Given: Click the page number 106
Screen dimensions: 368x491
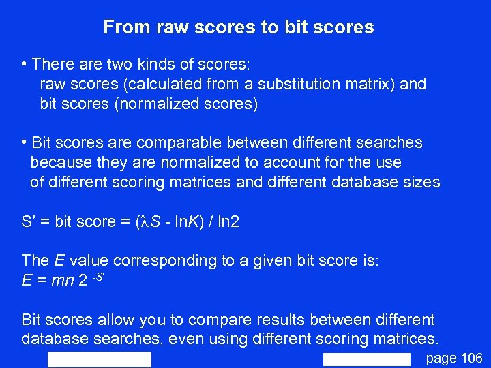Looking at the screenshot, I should click(471, 358).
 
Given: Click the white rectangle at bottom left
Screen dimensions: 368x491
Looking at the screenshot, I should click(100, 360).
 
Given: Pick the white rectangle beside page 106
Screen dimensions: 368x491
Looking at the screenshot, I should click(367, 360).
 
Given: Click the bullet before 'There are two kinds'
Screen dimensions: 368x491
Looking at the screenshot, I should click(25, 65).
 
